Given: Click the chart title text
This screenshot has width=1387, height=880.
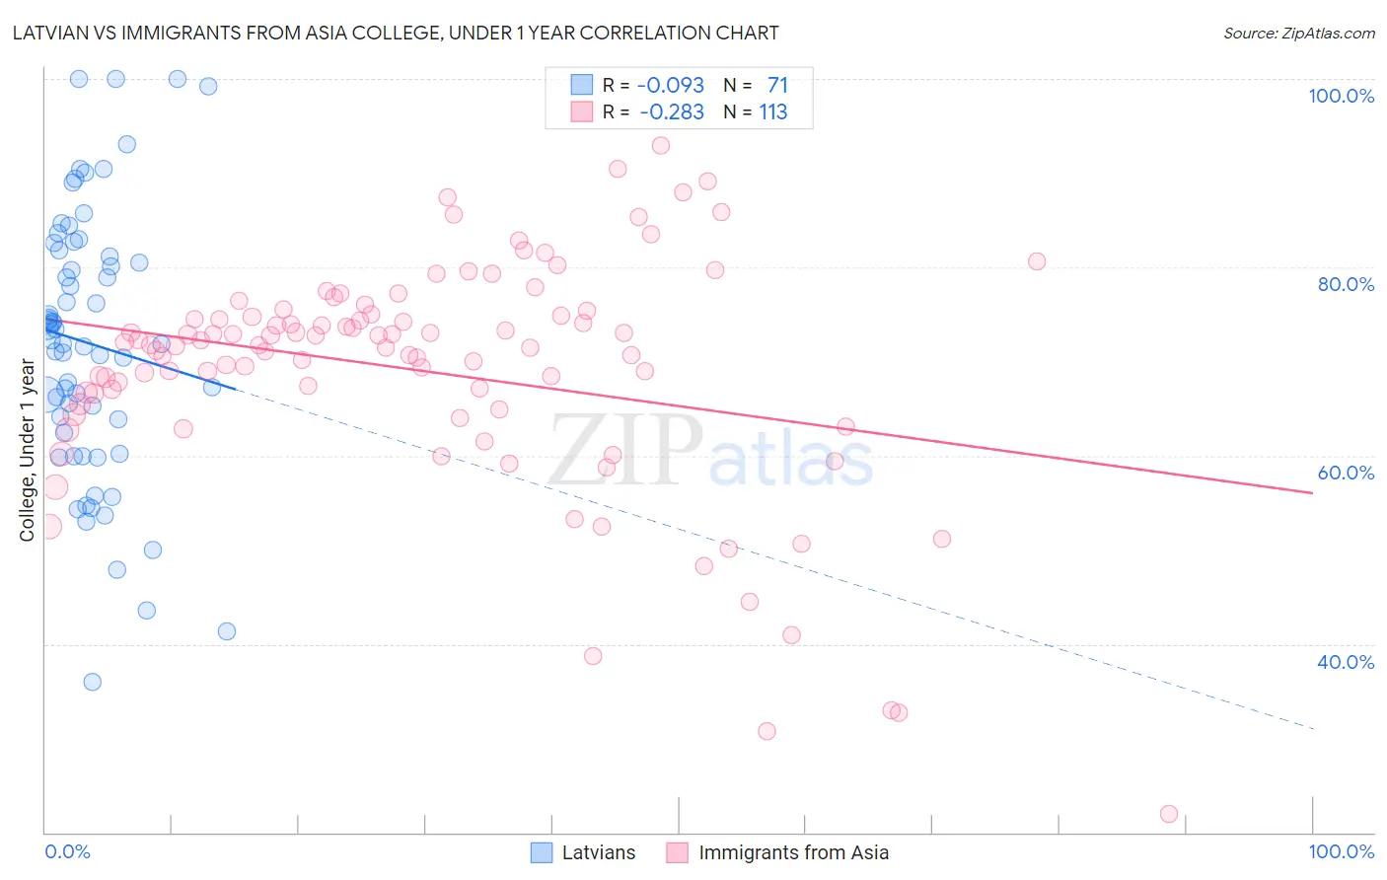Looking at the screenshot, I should [x=396, y=33].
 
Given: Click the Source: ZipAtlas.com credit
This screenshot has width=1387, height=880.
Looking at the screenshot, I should [x=1298, y=33].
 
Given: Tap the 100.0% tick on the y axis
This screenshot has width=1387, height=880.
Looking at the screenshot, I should [x=1341, y=96].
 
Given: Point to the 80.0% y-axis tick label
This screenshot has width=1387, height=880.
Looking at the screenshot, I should [x=1345, y=284].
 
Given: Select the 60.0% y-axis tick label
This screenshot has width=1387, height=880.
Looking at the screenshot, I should [x=1345, y=473].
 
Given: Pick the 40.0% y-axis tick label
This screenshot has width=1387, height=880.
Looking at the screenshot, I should [x=1345, y=662].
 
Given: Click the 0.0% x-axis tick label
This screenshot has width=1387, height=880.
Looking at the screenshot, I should [x=67, y=851].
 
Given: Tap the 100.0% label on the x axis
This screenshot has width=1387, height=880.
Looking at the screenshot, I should [x=1341, y=851].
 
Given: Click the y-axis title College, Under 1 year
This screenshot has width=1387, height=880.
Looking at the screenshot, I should [x=28, y=451].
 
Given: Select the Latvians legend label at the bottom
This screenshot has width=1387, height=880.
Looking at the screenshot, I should [x=598, y=852].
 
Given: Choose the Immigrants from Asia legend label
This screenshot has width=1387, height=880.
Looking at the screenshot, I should [x=793, y=852].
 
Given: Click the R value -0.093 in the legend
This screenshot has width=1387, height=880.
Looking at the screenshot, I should [x=671, y=86].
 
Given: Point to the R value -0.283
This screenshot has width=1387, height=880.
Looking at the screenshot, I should [x=671, y=112].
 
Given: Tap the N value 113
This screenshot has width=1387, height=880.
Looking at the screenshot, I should [x=773, y=112].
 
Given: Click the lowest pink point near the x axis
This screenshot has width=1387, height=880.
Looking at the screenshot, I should [x=1169, y=814].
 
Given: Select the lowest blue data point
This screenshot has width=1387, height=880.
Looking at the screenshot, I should [x=92, y=682].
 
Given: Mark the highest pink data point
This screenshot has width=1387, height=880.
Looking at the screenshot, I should [x=661, y=145].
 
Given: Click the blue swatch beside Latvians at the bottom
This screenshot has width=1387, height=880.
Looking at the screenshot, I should [x=542, y=852].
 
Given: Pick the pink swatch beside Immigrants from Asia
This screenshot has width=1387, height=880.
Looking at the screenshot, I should [x=677, y=852].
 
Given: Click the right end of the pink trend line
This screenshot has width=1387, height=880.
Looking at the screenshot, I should [x=1312, y=492].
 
